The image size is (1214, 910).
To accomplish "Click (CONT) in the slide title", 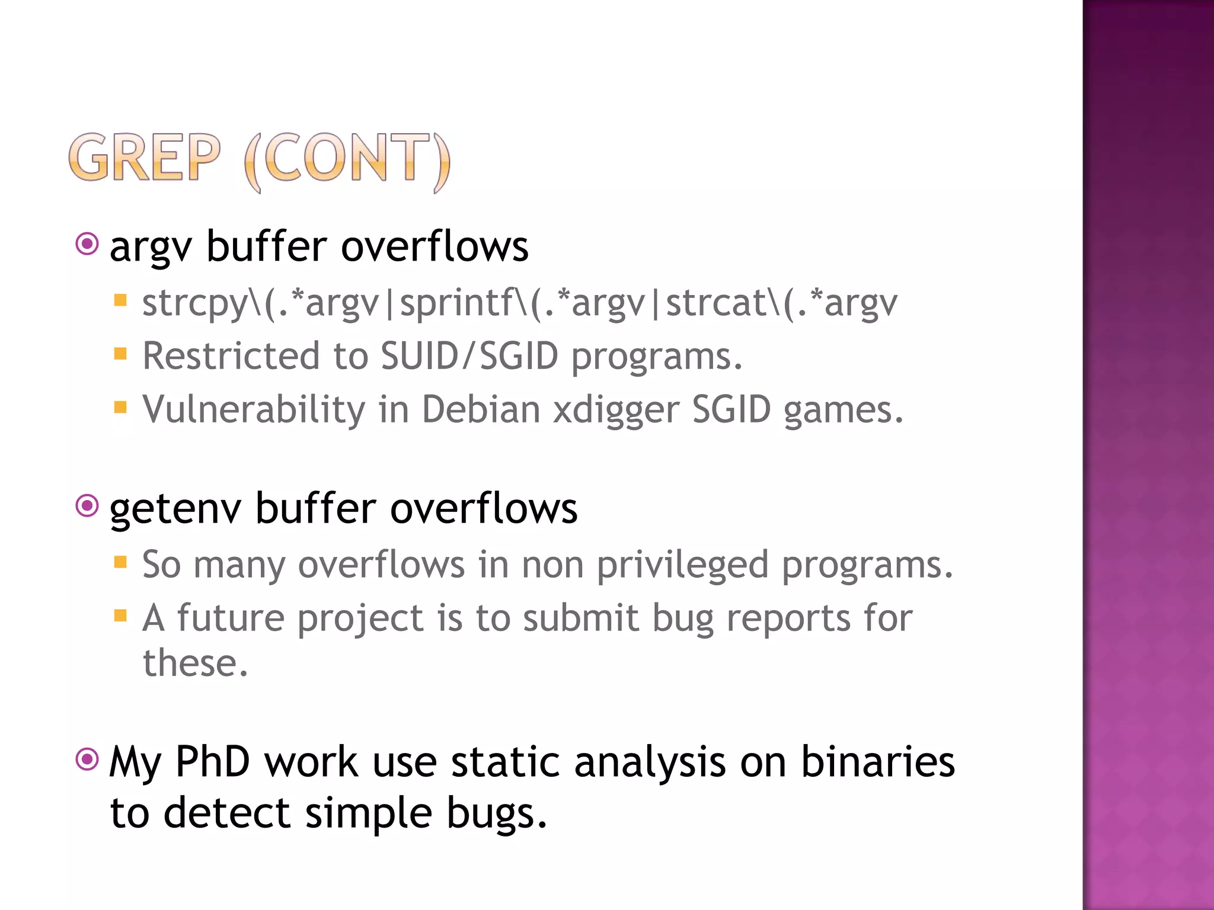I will click(x=347, y=160).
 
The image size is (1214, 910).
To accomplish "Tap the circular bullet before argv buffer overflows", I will click(x=87, y=243).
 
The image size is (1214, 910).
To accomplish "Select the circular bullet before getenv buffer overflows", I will click(x=87, y=506).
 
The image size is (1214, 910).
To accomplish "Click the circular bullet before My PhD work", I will click(x=87, y=759).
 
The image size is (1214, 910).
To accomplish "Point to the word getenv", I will click(x=175, y=510).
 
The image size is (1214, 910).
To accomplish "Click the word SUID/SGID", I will click(x=469, y=357).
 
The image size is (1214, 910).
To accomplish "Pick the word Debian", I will click(x=480, y=410).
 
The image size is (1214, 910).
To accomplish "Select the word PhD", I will click(x=212, y=762).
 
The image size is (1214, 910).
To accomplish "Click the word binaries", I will click(x=877, y=762).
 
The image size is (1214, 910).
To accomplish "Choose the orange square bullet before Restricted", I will click(x=120, y=354).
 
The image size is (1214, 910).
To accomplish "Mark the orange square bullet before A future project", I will click(x=120, y=616).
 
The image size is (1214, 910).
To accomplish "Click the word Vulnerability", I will click(x=254, y=410).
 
